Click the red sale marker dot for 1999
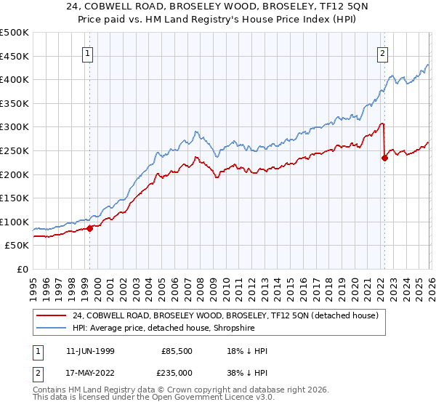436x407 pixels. (90, 228)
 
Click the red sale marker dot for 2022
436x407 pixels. (384, 158)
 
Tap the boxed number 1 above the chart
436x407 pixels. (87, 52)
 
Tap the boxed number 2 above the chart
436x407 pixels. (382, 52)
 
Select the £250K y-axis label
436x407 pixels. (15, 150)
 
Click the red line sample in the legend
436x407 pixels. (52, 316)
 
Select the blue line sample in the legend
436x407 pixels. (52, 329)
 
